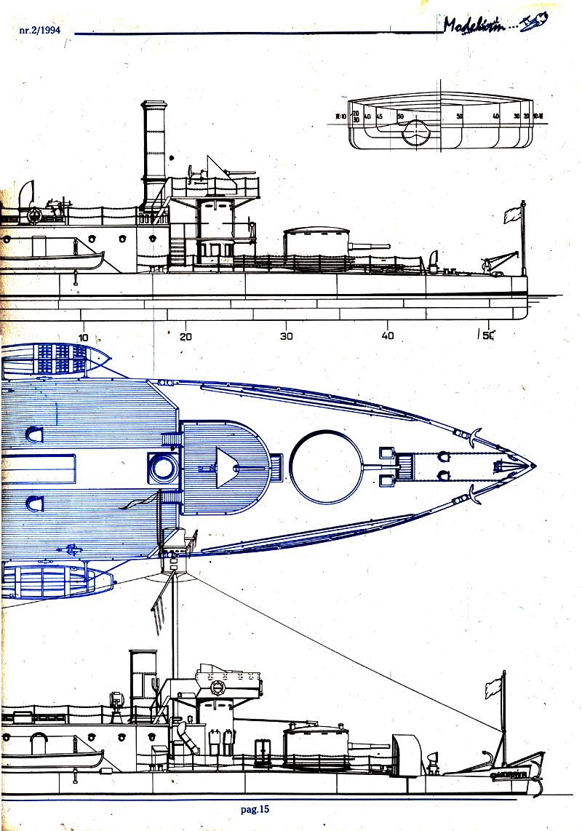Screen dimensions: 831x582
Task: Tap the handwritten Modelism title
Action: click(x=484, y=26)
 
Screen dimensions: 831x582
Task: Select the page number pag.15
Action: click(x=255, y=807)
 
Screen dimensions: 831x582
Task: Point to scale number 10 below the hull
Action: click(x=84, y=337)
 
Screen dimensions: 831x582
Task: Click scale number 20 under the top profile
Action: click(x=186, y=337)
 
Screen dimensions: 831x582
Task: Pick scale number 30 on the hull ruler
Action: click(x=287, y=337)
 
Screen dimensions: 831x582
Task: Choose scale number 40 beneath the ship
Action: click(x=388, y=337)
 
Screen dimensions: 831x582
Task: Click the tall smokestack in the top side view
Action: click(x=154, y=146)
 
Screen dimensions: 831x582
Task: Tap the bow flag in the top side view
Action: click(x=511, y=215)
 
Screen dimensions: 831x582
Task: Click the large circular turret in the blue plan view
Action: click(x=325, y=466)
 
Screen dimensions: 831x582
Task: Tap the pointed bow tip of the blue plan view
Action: click(x=535, y=465)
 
